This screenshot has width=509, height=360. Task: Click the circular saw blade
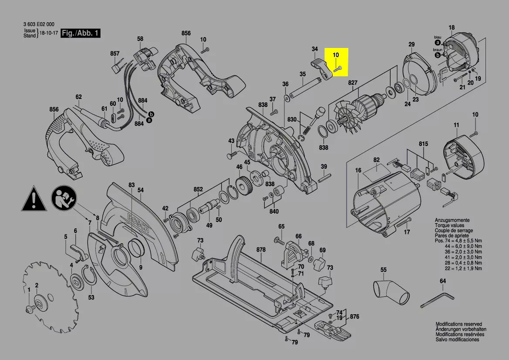click(x=41, y=288)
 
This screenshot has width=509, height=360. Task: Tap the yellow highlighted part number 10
click(x=336, y=55)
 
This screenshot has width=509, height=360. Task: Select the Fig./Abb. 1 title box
click(x=81, y=33)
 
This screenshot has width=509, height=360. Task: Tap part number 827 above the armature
click(x=352, y=82)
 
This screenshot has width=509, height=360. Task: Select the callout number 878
click(x=261, y=250)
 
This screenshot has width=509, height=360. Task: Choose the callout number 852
click(x=198, y=189)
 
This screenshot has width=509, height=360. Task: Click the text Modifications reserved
click(x=458, y=324)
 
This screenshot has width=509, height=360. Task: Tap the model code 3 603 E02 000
click(x=39, y=24)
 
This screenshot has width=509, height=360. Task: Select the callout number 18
click(x=452, y=28)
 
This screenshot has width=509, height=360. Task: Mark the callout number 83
click(x=131, y=185)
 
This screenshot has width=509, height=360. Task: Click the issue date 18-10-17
click(x=48, y=33)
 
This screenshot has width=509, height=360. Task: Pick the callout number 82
click(x=377, y=160)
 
